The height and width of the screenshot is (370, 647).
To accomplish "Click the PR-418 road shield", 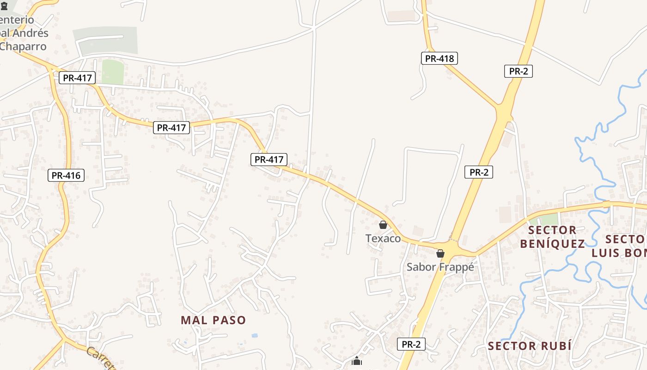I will coord(439,58).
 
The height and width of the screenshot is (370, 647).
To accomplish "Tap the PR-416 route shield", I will coord(66,175).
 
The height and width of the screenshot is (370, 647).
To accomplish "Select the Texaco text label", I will coord(383,238).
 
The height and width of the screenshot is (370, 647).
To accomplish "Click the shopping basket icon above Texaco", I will coord(383,225).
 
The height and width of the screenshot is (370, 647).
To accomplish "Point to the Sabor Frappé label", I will coord(440,267).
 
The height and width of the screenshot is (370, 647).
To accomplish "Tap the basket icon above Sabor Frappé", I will coord(440,253).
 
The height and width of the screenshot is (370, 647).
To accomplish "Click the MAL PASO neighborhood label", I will coord(213,320).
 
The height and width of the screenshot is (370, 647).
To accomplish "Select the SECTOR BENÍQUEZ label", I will coord(552,237).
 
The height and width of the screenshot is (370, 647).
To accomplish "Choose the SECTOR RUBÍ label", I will coord(530,346).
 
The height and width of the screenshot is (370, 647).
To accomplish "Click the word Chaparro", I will coord(23,46).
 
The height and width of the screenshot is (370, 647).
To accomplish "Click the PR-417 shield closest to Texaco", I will coord(269,160).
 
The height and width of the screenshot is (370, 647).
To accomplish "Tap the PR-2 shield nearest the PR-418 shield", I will coord(518,71).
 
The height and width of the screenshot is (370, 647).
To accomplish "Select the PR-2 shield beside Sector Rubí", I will coord(411,344).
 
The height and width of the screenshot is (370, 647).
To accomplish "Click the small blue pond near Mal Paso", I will coord(254,335).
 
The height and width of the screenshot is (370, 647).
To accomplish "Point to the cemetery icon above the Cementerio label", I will coord(4,6).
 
